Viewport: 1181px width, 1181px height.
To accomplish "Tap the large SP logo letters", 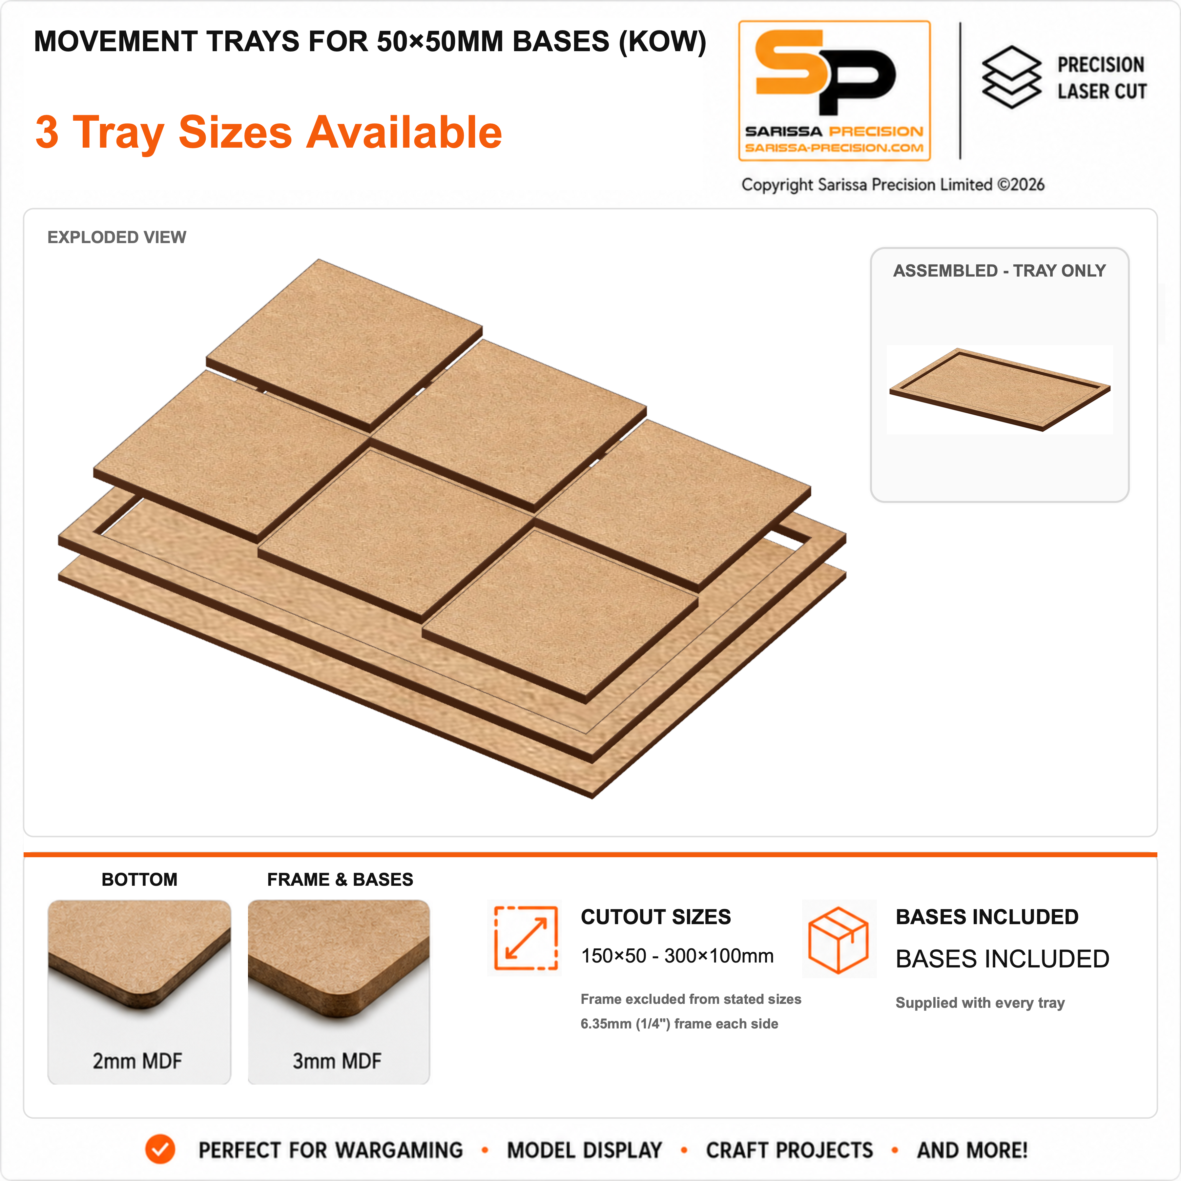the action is pos(825,72).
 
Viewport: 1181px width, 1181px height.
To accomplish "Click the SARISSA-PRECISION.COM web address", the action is pos(834,148).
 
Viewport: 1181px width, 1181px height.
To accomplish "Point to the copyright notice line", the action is pos(892,185).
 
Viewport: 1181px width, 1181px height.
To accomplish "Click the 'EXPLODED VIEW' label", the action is pos(117,237).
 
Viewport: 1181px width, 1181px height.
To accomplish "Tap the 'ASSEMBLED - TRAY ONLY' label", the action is pos(1000,271).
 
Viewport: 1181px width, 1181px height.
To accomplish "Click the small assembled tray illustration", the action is pos(1000,389).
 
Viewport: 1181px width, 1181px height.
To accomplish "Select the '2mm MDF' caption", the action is pos(137,1061).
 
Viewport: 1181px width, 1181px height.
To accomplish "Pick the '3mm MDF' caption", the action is pos(337,1061).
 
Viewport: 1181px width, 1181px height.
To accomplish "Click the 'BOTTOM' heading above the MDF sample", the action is pos(139,880).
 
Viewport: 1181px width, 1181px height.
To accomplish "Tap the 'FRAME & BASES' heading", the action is pos(340,880).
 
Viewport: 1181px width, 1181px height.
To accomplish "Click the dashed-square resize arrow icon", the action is pos(526,938).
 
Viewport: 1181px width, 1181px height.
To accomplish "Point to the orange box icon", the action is pos(838,939).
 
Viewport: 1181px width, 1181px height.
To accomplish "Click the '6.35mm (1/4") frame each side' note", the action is pos(679,1024).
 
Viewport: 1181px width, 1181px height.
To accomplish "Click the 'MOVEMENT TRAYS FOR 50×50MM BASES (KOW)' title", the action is pos(370,42).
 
